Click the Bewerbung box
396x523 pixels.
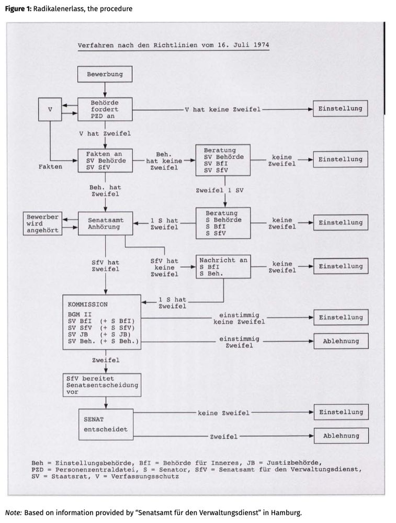[x=105, y=74]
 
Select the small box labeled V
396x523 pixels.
[x=50, y=110]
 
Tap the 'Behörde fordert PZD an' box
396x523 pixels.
[x=105, y=110]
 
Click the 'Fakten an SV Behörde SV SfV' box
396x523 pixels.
[x=105, y=160]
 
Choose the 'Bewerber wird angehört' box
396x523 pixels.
[x=42, y=223]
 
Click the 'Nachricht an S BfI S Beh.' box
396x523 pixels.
[x=223, y=267]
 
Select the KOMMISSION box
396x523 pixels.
[x=101, y=322]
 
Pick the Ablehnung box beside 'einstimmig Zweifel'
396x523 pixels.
[x=341, y=341]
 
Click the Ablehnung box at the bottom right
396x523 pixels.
[x=341, y=436]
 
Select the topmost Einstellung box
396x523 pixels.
[x=341, y=109]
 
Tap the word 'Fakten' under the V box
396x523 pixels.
[x=50, y=167]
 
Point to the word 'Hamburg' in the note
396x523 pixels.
[x=287, y=512]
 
